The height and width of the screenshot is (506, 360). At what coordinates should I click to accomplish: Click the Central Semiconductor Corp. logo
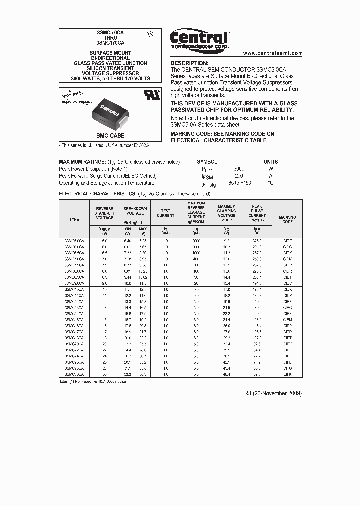(199, 39)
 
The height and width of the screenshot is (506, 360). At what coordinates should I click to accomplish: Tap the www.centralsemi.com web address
(273, 53)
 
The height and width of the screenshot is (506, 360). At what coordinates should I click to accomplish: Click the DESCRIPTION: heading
(190, 63)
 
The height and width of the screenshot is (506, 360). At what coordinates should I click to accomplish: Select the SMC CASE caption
(110, 136)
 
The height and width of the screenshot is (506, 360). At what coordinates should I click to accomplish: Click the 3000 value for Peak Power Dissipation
(239, 169)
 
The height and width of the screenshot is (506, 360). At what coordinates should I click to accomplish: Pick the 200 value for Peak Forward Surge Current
(239, 176)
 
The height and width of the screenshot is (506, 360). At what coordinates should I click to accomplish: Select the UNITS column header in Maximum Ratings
(271, 162)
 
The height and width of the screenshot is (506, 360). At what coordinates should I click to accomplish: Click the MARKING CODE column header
(287, 219)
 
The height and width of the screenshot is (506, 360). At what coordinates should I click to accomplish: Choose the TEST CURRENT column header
(166, 213)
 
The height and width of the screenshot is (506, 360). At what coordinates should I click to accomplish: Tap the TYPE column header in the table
(74, 219)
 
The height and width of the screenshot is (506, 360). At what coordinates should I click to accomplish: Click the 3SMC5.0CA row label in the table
(74, 241)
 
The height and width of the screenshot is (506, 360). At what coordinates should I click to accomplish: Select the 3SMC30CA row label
(74, 374)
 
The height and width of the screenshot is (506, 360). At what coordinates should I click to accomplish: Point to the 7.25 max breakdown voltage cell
(143, 241)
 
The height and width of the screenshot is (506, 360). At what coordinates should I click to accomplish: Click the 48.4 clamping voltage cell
(226, 374)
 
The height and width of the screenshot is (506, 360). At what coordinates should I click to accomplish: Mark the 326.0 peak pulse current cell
(257, 241)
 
